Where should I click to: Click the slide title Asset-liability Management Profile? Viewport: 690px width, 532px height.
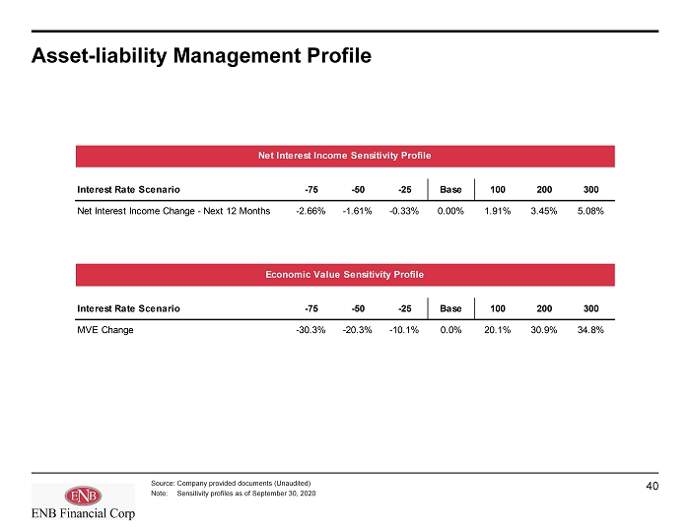click(201, 56)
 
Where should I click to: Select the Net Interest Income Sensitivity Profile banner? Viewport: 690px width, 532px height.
click(345, 156)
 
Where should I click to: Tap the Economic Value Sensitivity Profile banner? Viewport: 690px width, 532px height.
click(345, 275)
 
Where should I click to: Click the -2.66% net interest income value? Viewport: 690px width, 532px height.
click(310, 211)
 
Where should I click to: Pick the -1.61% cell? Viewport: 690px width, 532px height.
click(357, 211)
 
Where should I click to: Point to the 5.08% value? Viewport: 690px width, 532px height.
click(590, 211)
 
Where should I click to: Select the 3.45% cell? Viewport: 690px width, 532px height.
click(544, 211)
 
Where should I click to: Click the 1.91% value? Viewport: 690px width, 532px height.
click(497, 211)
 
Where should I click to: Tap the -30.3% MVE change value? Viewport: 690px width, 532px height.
click(310, 330)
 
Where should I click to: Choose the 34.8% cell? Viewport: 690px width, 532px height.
click(590, 330)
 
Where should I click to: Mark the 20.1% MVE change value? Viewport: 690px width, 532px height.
click(497, 330)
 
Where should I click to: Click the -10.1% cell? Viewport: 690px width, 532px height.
click(404, 330)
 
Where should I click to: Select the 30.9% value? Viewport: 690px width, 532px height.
click(544, 330)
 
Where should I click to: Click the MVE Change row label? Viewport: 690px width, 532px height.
click(105, 330)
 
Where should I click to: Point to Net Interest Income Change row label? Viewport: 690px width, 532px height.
click(173, 211)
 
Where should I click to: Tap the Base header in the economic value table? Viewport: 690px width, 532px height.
click(450, 308)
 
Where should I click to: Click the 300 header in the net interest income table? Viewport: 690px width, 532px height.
click(591, 189)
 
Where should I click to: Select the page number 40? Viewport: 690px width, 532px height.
click(653, 486)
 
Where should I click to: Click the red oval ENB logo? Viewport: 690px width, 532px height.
click(83, 497)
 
